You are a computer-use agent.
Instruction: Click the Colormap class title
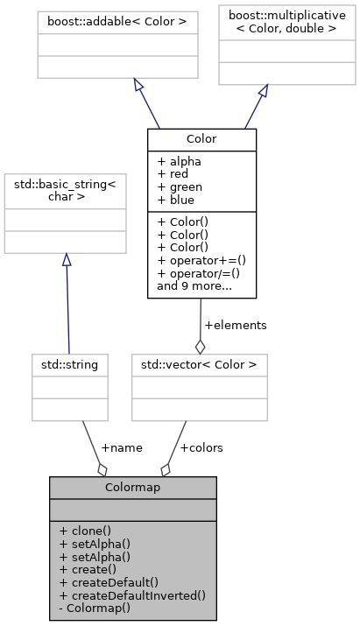tap(132, 488)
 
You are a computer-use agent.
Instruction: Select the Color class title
tap(201, 139)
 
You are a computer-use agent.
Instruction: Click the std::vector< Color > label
tap(198, 363)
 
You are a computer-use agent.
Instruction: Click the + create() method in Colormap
tap(88, 568)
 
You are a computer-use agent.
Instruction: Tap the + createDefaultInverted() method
tap(132, 594)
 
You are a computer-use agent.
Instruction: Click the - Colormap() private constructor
tap(95, 607)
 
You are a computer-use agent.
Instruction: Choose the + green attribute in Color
tap(181, 187)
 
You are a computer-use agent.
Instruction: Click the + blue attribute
tap(179, 200)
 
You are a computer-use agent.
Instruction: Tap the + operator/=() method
tap(198, 273)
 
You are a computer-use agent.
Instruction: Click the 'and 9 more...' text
tap(193, 285)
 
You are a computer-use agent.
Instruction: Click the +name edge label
tap(122, 447)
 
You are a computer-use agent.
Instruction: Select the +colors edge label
tap(201, 447)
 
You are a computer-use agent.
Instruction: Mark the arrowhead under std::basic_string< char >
tap(66, 260)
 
